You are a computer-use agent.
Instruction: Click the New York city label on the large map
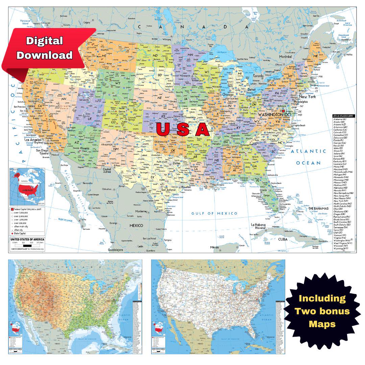307,96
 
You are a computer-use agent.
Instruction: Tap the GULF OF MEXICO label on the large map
214,213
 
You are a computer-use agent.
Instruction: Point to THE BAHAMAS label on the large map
318,209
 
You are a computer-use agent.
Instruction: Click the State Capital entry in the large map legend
20,233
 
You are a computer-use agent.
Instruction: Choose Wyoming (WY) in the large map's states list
341,248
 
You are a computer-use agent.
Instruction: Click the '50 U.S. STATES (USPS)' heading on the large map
344,116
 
